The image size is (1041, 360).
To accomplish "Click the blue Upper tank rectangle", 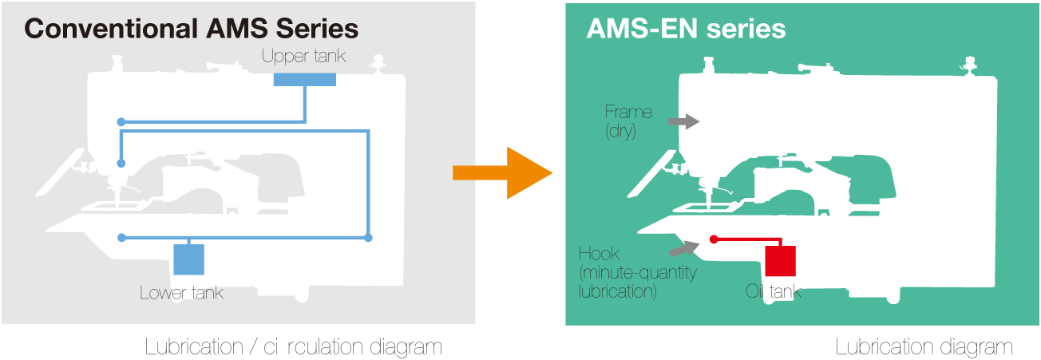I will [304, 79].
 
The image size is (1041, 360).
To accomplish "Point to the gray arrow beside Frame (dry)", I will [683, 121].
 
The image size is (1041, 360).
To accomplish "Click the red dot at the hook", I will [714, 239].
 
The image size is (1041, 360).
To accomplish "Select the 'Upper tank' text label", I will [303, 57].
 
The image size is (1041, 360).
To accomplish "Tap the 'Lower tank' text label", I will [181, 293].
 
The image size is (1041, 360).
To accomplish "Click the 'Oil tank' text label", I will [773, 293].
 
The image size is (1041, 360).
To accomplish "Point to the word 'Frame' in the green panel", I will [628, 112].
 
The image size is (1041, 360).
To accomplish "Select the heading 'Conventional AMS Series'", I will [192, 30].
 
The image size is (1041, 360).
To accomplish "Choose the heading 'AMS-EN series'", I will [686, 30].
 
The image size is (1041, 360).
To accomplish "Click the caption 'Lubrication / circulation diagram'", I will [293, 347].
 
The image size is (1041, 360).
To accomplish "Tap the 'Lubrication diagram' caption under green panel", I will [924, 347].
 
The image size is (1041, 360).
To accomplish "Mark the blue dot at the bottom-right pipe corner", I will [368, 238].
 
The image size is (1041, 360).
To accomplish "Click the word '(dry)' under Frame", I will [620, 130].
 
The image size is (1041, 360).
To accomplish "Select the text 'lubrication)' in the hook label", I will [617, 291].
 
